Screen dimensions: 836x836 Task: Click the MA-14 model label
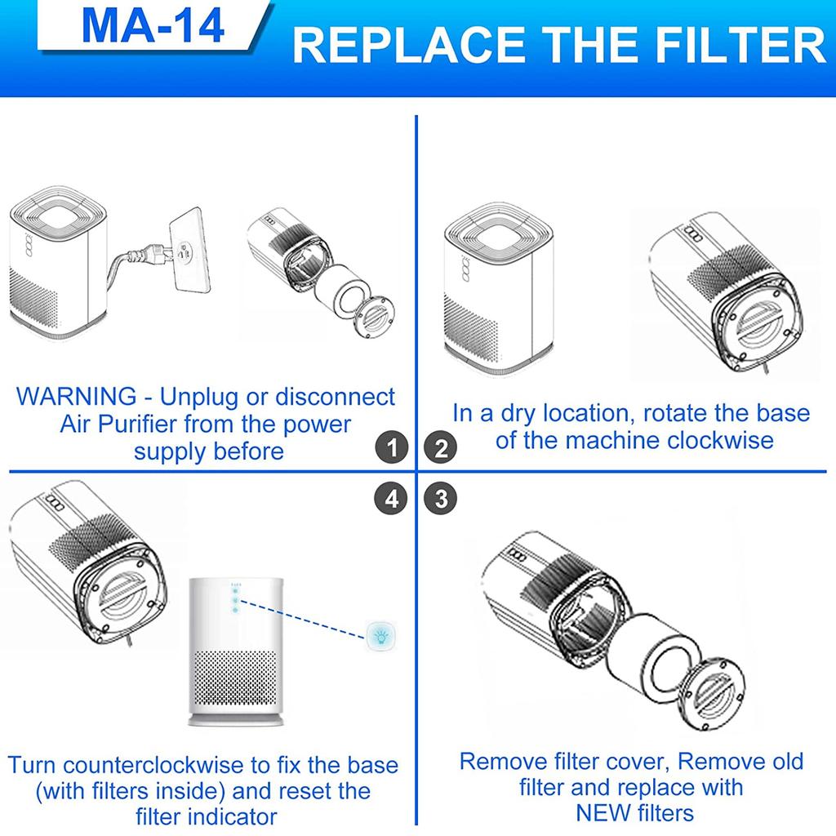[x=153, y=27]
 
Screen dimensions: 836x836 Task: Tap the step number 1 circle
[x=393, y=448]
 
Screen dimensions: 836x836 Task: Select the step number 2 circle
[x=442, y=448]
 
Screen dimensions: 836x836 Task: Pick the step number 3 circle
[x=442, y=498]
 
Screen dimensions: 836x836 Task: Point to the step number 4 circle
[x=393, y=498]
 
